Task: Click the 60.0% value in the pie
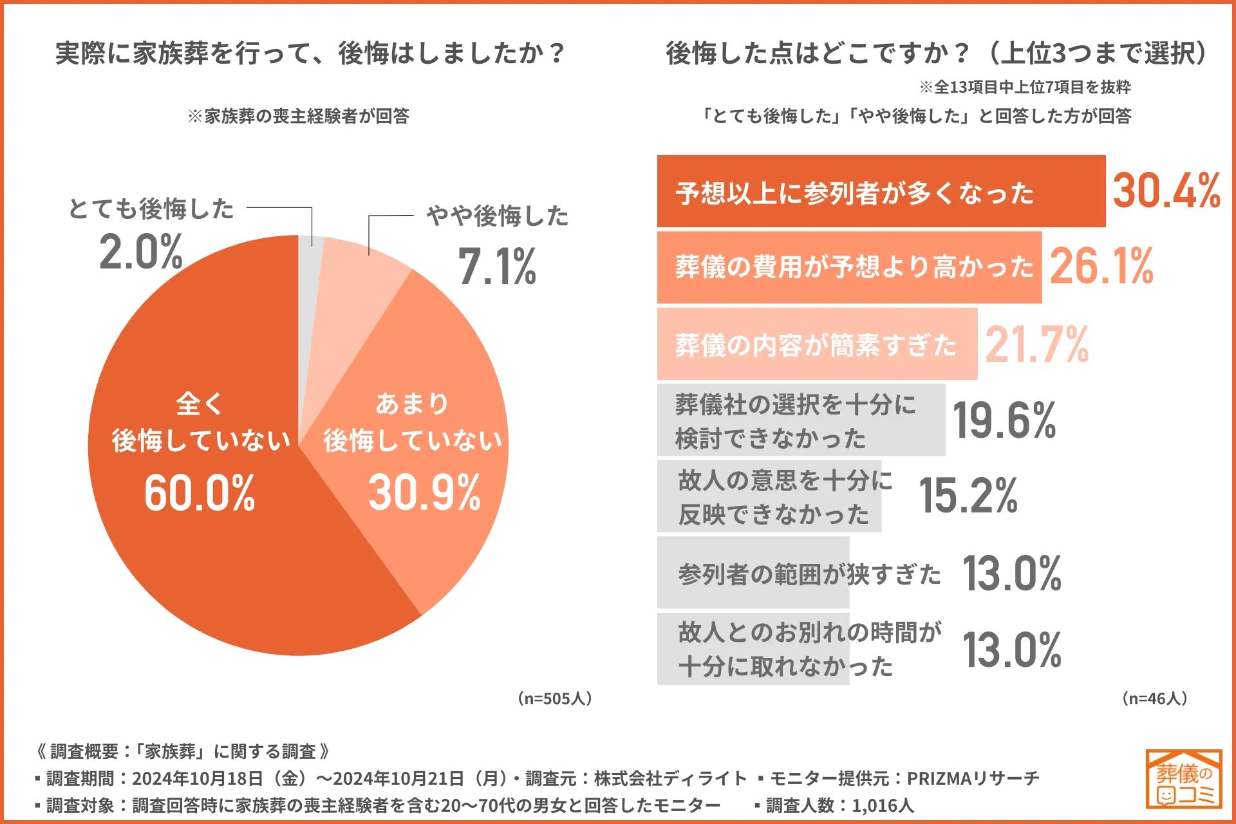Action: [200, 493]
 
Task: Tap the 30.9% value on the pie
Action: [424, 493]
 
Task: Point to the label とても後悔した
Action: [151, 209]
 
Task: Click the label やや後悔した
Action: [497, 216]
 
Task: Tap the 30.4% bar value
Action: [1166, 191]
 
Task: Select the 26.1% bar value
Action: [1101, 267]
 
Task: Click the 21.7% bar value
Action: [1037, 344]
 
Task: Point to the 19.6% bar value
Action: [1004, 420]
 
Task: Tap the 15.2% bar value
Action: [968, 496]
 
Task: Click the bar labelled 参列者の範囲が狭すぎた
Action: [753, 573]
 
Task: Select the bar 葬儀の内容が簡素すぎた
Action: [816, 344]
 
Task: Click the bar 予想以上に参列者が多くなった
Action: [881, 191]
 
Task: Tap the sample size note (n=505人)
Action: [555, 698]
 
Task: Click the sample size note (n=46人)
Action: [1155, 698]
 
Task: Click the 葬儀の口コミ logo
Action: [1184, 779]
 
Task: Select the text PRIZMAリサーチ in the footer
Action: [973, 778]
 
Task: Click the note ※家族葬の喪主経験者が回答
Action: [298, 116]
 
